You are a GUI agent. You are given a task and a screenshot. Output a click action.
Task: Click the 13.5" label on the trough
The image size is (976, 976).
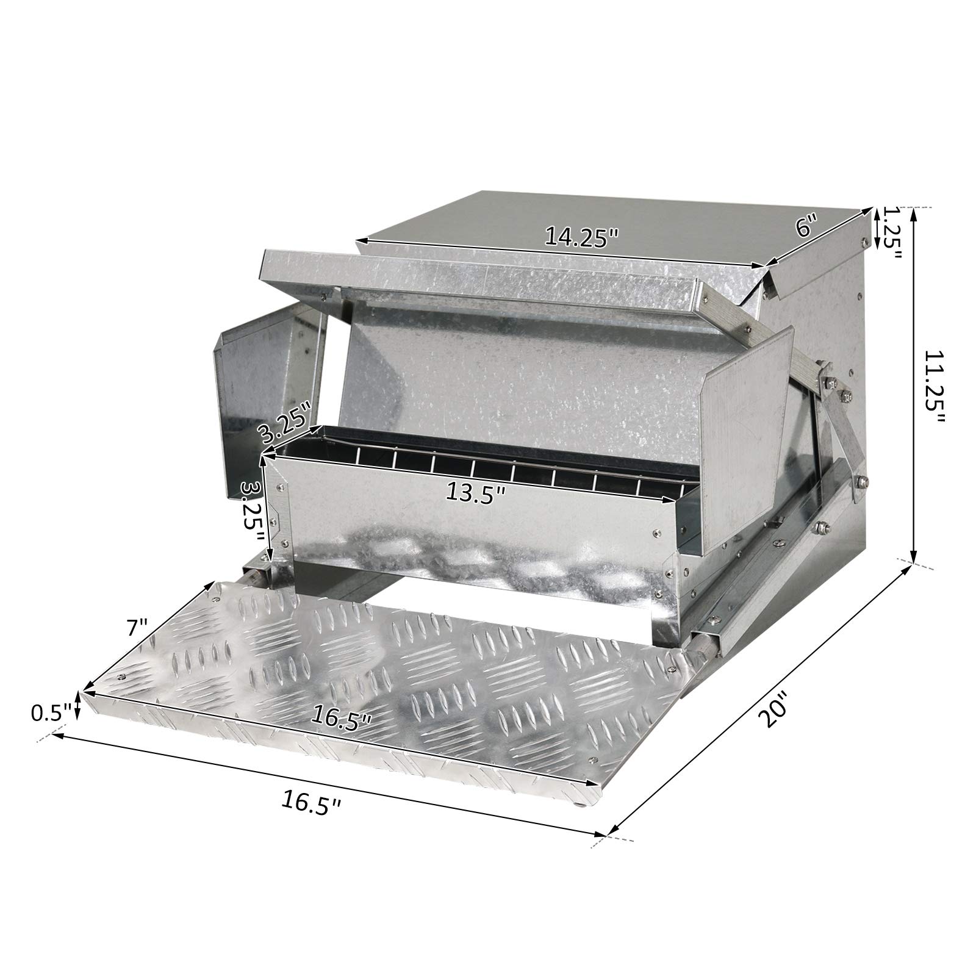(x=476, y=493)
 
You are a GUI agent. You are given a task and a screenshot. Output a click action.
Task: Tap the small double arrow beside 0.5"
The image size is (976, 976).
(x=77, y=706)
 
